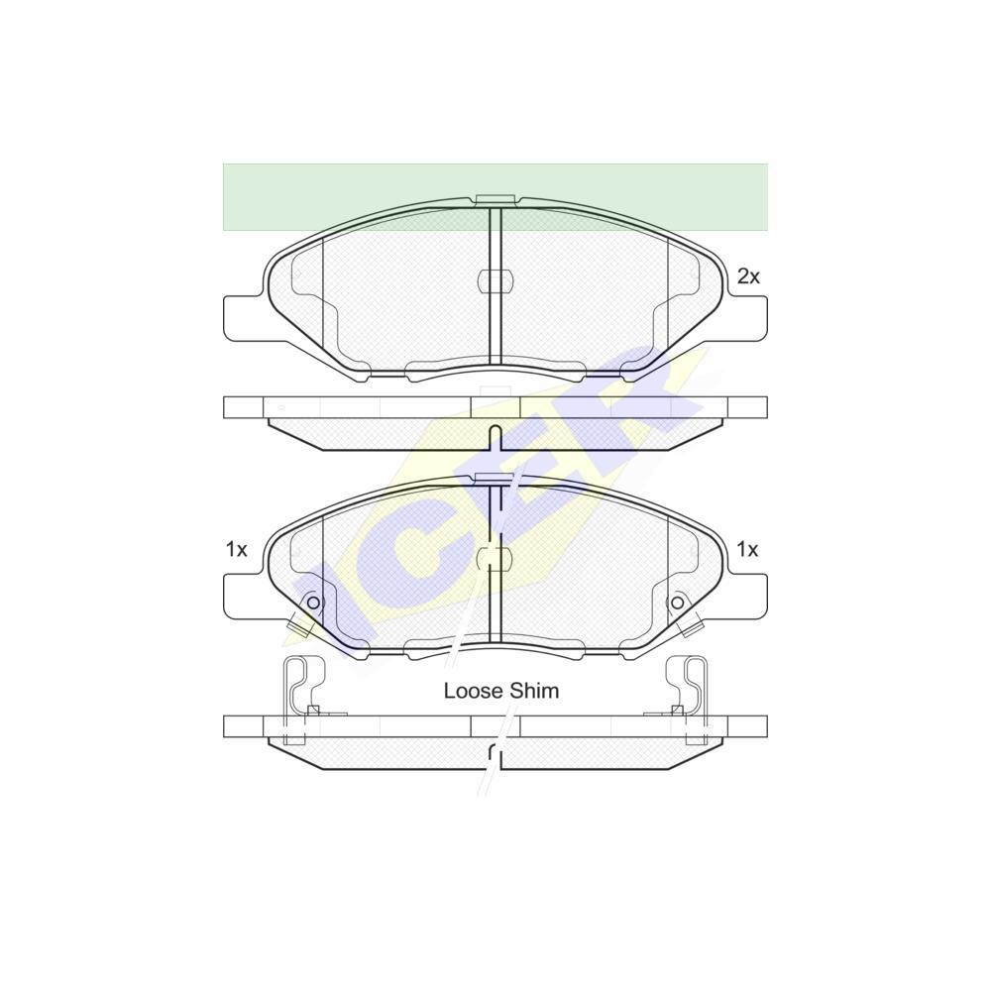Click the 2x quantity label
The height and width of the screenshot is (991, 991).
(748, 277)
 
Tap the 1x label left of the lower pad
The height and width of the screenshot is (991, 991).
(236, 549)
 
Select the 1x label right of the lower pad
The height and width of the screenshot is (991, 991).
(747, 549)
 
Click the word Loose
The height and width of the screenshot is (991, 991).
(473, 691)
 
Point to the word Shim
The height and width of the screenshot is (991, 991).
(534, 691)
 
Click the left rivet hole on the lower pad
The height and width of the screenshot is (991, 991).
(313, 603)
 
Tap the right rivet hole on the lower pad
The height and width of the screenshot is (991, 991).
(678, 603)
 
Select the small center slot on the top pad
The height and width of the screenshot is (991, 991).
(495, 280)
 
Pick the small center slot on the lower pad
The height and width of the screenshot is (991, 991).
(495, 558)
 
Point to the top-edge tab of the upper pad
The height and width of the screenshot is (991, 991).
(495, 200)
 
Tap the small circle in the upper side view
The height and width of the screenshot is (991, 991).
(281, 407)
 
